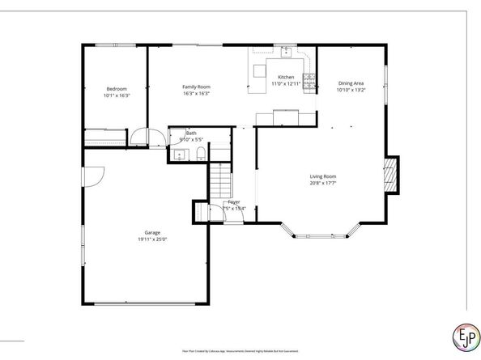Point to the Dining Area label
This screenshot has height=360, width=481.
click(x=351, y=83)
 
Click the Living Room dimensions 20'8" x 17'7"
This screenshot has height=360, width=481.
click(x=322, y=184)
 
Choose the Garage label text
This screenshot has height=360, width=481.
click(x=151, y=232)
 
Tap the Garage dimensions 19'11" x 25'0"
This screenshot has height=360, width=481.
click(x=151, y=239)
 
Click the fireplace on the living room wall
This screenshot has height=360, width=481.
click(x=390, y=174)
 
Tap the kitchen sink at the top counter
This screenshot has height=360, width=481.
click(x=286, y=52)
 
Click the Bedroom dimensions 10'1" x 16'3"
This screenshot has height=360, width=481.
click(x=117, y=96)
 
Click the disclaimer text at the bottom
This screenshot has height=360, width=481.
click(x=240, y=350)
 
